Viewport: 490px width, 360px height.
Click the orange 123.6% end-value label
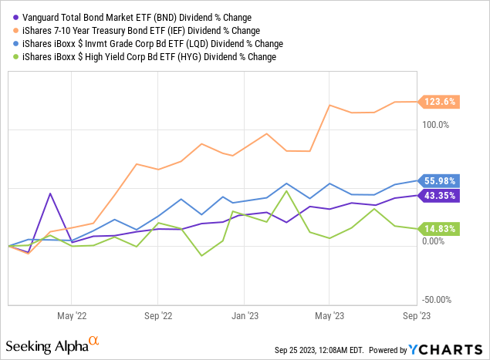[440, 101]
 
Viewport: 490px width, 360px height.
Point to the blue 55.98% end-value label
[441, 180]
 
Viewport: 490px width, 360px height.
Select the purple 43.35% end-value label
[441, 196]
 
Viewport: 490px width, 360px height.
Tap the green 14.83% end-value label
[441, 228]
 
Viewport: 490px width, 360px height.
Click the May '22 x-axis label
[71, 315]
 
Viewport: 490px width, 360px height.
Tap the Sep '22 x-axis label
[157, 315]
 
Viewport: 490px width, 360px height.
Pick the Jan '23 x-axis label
[245, 315]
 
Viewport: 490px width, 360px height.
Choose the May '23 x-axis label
[329, 315]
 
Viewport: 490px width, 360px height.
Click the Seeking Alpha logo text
[46, 343]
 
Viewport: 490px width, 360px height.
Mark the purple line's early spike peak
[49, 193]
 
